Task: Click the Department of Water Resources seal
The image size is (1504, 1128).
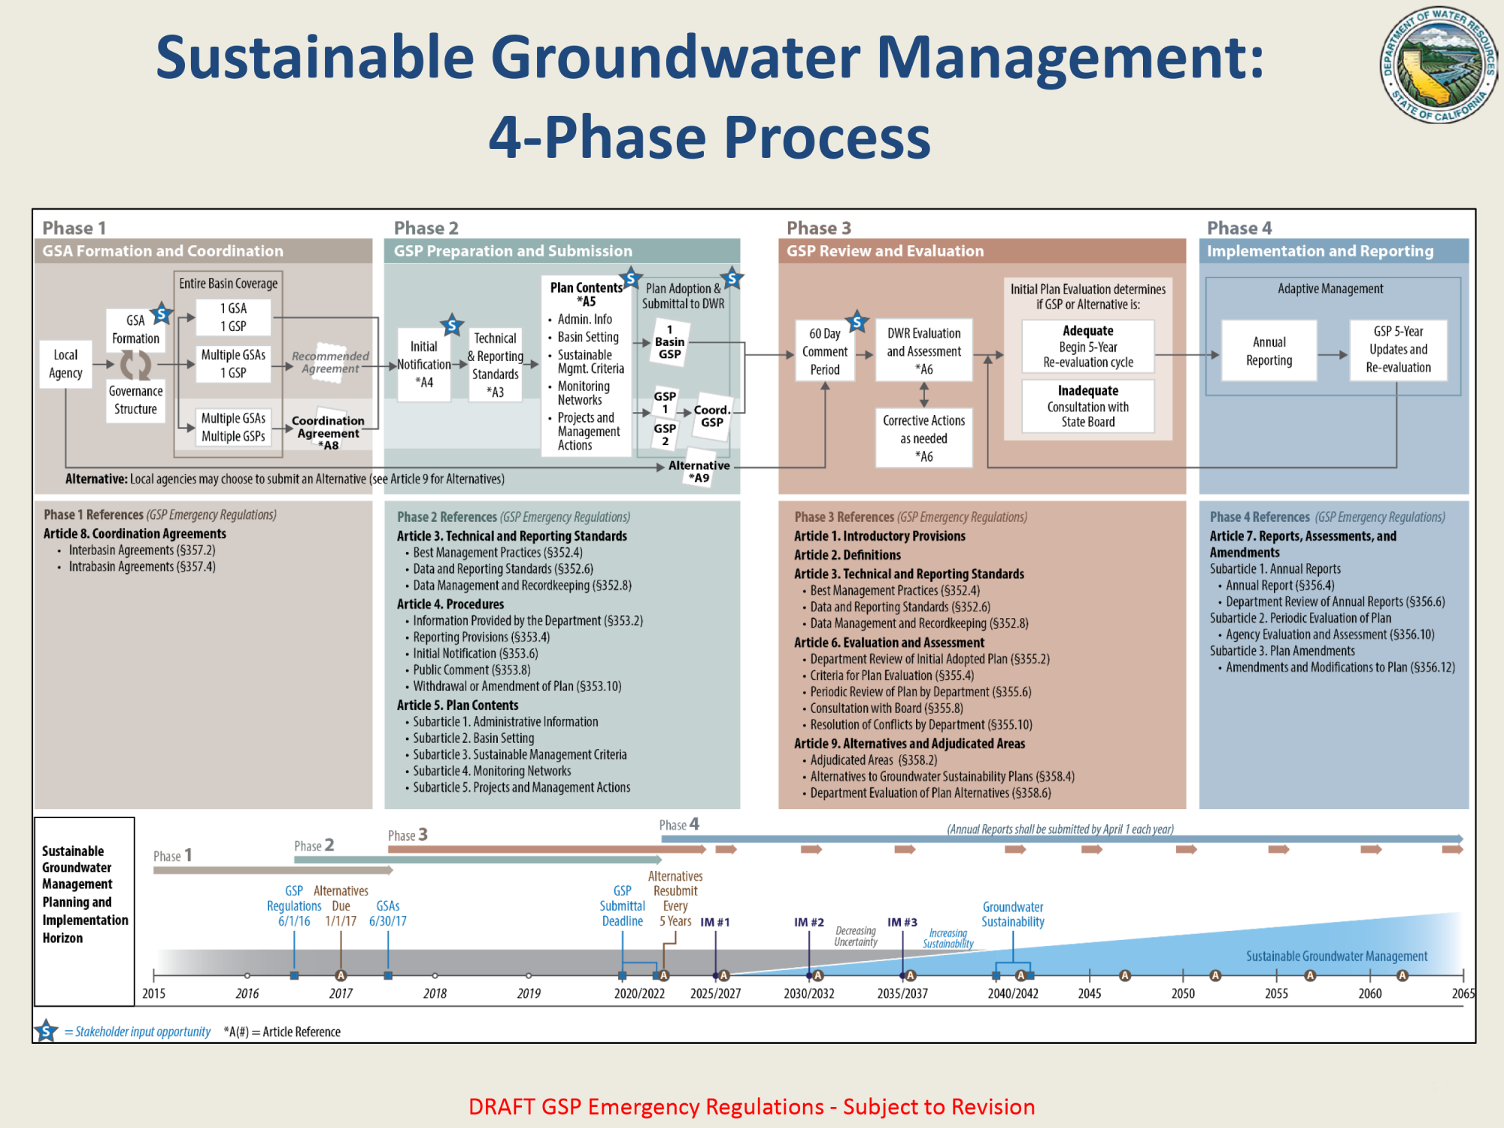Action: click(1438, 65)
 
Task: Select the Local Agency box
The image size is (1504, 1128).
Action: click(65, 364)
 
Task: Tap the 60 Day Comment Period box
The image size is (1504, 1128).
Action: click(825, 351)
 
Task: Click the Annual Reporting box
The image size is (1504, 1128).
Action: click(1269, 351)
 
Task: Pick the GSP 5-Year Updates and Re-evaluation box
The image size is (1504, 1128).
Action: click(1398, 350)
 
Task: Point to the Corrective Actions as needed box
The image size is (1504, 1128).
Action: click(923, 438)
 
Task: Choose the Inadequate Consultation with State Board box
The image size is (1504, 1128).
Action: click(1088, 406)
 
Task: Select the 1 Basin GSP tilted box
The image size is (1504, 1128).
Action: click(669, 342)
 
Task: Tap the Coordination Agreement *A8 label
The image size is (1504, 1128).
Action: click(329, 432)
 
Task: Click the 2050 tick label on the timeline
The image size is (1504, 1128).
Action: click(1183, 993)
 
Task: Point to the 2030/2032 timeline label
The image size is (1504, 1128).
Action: click(809, 993)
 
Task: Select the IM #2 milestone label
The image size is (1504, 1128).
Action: click(809, 922)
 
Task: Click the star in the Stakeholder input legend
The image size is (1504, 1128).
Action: click(46, 1031)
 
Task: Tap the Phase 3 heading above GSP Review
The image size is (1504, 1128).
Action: click(819, 228)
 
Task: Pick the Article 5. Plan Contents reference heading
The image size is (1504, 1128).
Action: click(457, 705)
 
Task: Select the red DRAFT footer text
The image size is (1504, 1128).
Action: click(752, 1107)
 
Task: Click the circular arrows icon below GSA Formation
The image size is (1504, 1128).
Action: click(136, 365)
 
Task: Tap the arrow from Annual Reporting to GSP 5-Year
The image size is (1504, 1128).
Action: click(1333, 354)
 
